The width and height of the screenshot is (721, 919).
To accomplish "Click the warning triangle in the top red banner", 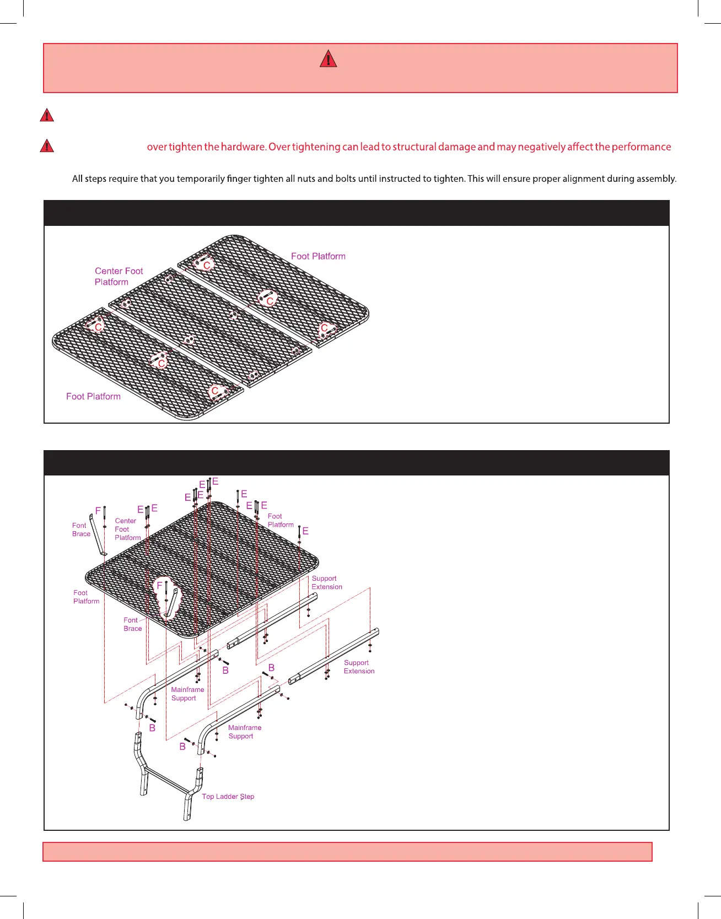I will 328,58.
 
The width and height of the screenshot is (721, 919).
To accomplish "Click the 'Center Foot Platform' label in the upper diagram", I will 119,277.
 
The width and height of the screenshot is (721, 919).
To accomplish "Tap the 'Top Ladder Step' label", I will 228,796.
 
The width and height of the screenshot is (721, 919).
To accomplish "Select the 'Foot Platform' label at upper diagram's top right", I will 318,256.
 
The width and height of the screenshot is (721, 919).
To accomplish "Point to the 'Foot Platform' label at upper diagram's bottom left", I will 93,396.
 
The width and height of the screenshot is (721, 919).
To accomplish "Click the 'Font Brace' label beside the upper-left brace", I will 81,529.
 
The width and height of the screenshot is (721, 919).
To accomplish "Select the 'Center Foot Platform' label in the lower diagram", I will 127,529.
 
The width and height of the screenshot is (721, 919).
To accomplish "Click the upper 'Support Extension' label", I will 326,582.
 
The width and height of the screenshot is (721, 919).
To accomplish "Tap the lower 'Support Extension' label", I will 359,667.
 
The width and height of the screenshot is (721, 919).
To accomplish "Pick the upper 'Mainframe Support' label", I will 187,694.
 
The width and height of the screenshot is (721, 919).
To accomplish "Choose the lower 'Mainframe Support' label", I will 244,732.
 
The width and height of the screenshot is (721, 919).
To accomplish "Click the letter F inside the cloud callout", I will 160,585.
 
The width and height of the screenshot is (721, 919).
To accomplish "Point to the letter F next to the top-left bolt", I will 98,511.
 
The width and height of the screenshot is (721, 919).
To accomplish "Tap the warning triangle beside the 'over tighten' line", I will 47,146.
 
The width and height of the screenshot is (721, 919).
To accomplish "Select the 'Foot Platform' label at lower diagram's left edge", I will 86,597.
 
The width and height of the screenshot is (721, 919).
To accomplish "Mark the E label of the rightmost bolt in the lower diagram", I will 305,531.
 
